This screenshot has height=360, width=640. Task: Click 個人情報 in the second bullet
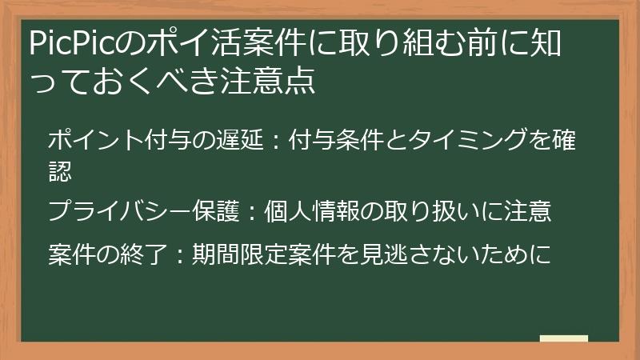point(312,211)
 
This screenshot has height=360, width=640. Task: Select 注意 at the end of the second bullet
point(529,211)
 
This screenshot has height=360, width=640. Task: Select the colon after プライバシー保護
point(252,211)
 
